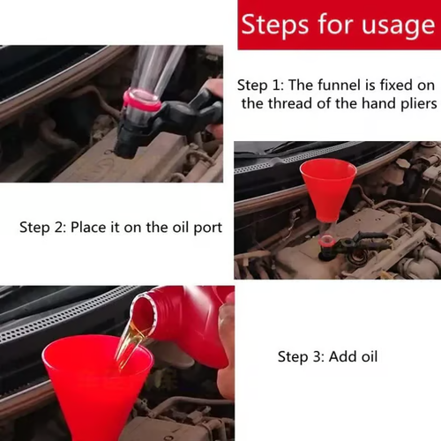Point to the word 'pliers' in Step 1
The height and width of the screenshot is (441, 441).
click(x=412, y=103)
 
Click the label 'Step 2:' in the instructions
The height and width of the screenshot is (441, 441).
click(x=45, y=228)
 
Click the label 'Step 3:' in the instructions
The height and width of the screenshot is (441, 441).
click(x=303, y=357)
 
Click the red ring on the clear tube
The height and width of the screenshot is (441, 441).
click(x=143, y=100)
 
